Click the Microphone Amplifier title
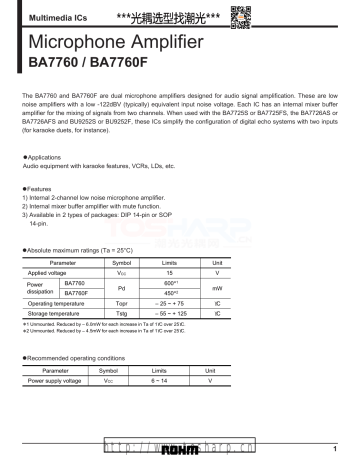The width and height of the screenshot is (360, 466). click(x=119, y=43)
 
